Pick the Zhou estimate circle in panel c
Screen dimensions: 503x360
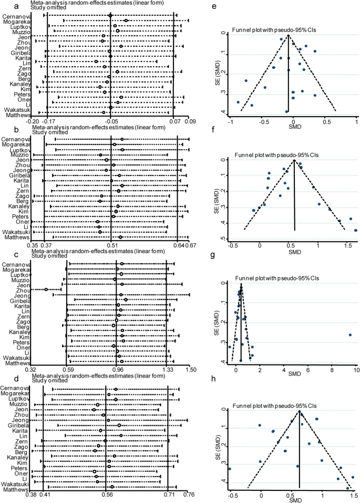pyautogui.click(x=46, y=289)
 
